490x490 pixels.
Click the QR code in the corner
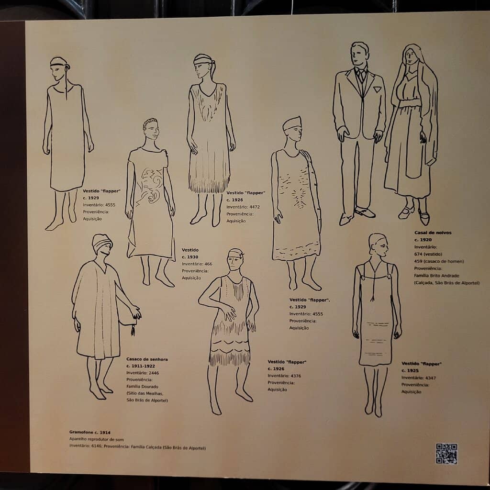[446, 454]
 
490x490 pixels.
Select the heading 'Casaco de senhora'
[147, 359]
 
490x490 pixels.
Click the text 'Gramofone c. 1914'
[89, 432]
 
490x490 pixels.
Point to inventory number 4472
[255, 207]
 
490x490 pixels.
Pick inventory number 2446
[154, 373]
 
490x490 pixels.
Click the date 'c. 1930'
[190, 257]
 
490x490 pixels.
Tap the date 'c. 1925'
[410, 370]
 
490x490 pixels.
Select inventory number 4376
[296, 376]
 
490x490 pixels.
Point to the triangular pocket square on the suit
[377, 89]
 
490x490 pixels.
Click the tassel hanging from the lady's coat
[133, 330]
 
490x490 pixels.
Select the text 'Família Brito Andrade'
[436, 276]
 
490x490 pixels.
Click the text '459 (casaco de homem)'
[439, 261]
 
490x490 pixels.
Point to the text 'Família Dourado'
[142, 387]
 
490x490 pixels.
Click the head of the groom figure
[359, 54]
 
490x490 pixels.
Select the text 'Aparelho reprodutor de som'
[97, 439]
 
